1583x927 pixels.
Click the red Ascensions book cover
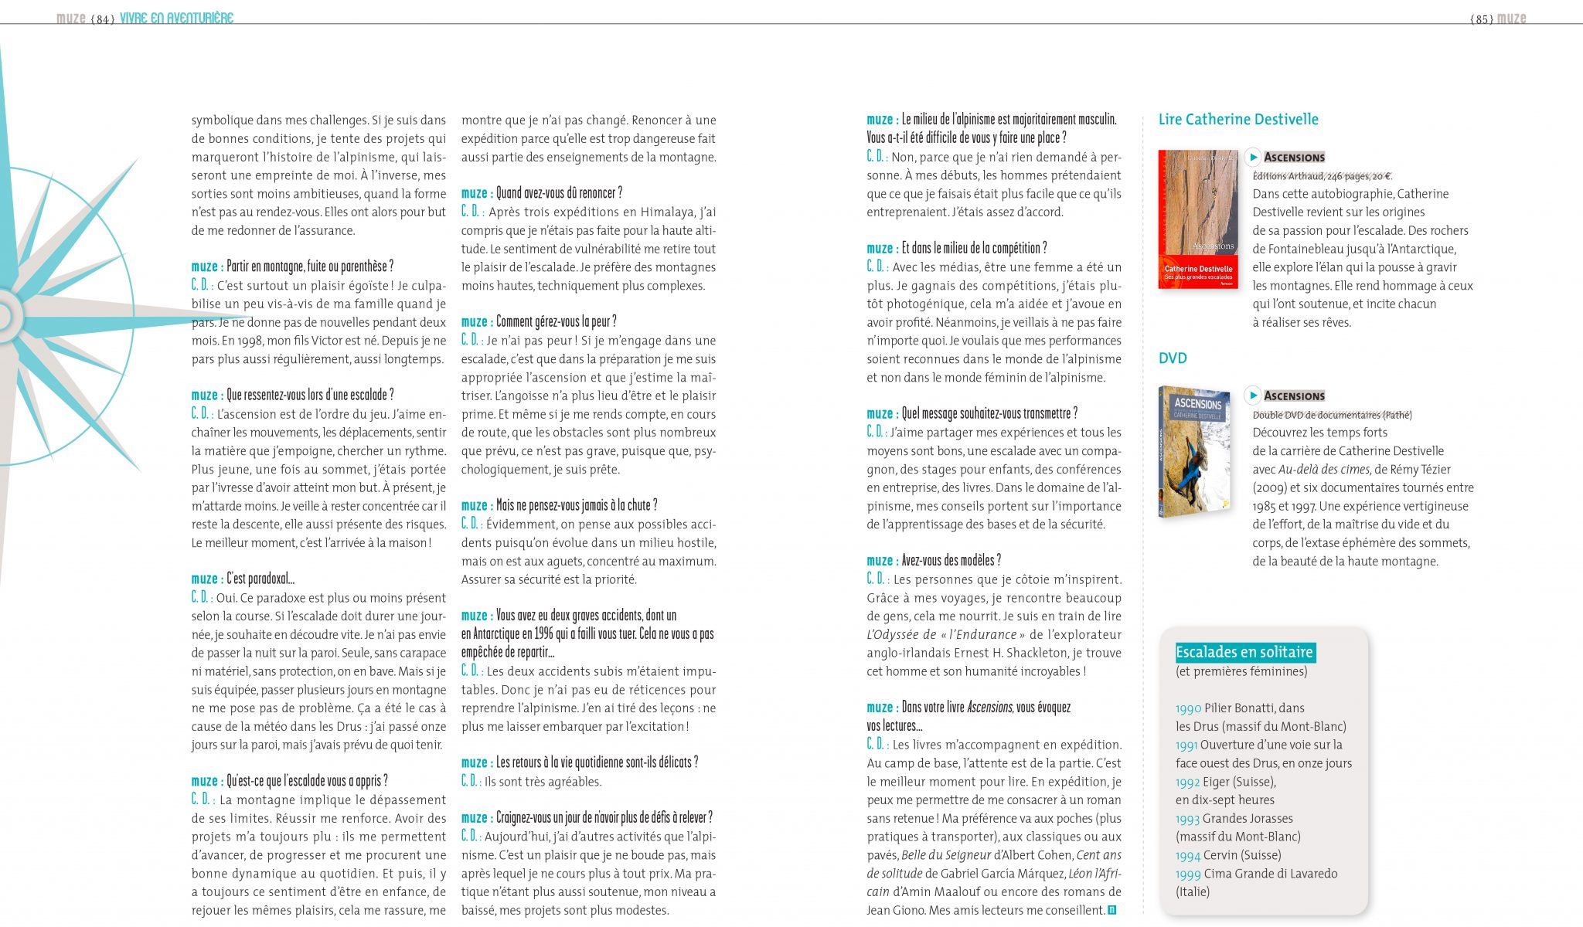[x=1198, y=219]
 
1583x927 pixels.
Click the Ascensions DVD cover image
[x=1194, y=451]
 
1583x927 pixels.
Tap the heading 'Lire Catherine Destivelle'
[x=1238, y=120]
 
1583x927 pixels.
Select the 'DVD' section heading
[x=1173, y=358]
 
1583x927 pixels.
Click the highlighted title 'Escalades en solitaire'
[x=1244, y=653]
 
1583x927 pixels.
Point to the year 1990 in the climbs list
[x=1188, y=708]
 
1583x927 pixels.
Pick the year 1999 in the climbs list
[x=1188, y=874]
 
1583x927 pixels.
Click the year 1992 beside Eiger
[x=1188, y=783]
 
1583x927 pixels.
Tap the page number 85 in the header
[x=1482, y=19]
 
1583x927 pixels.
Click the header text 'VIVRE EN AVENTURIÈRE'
[x=176, y=18]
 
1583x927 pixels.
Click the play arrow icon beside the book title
[x=1253, y=158]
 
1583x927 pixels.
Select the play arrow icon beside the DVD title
[x=1253, y=396]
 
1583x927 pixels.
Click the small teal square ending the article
[x=1112, y=910]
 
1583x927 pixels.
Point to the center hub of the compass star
[x=4, y=317]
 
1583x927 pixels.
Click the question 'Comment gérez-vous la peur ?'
[x=556, y=322]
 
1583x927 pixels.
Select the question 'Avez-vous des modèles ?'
[x=951, y=561]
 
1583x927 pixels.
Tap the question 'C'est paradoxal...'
[x=260, y=579]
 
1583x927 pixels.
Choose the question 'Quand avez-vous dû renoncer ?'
[x=559, y=193]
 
